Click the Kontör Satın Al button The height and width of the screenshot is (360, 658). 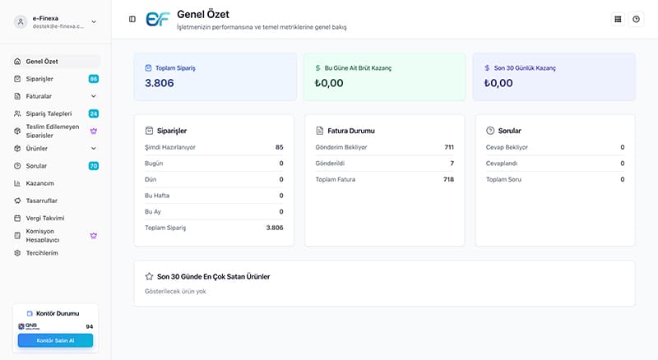(x=55, y=340)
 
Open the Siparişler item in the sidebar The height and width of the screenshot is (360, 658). (x=39, y=79)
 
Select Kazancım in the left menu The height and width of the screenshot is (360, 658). (x=39, y=183)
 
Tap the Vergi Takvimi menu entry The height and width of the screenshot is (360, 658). (x=45, y=218)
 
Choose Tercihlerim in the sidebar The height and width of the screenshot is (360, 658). (x=42, y=253)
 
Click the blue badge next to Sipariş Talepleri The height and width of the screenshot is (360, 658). (x=94, y=113)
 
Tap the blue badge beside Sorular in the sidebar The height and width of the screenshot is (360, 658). (x=94, y=166)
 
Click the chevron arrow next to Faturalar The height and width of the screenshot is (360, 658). (x=94, y=96)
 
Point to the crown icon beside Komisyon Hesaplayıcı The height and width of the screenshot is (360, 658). (x=94, y=236)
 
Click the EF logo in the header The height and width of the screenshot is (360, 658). (x=157, y=19)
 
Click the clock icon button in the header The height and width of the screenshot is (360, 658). (x=636, y=19)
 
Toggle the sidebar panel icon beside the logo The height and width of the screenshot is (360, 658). (x=132, y=19)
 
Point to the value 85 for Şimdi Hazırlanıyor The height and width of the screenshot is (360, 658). (x=280, y=147)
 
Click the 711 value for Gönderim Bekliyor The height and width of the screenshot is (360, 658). (x=449, y=147)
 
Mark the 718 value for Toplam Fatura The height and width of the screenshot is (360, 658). (x=448, y=179)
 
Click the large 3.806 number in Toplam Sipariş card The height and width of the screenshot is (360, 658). (x=160, y=83)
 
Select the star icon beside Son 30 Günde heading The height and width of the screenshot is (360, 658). (x=149, y=276)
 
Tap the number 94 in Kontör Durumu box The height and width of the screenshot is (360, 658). (x=90, y=326)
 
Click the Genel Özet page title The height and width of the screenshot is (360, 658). (x=203, y=14)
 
